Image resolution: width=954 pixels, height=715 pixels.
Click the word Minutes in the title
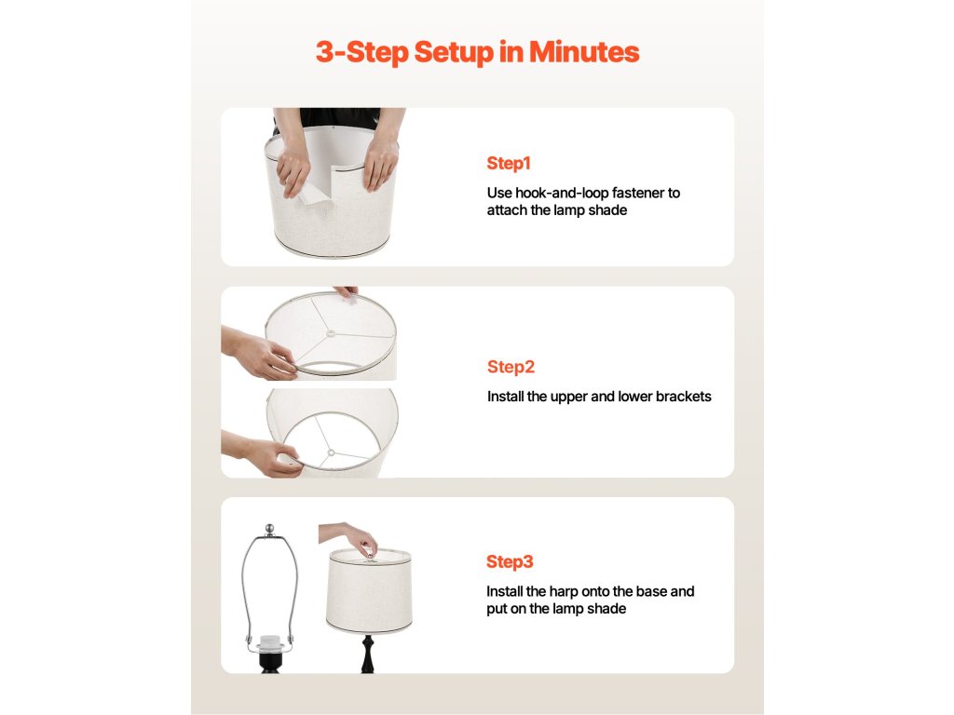pyautogui.click(x=584, y=52)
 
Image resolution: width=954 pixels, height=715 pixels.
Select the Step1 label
pyautogui.click(x=509, y=164)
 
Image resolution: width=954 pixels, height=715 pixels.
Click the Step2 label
pyautogui.click(x=511, y=367)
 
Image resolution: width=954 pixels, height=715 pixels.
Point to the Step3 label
pyautogui.click(x=510, y=561)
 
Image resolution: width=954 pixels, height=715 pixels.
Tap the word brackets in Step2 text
pyautogui.click(x=681, y=397)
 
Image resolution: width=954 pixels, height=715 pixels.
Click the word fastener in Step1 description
pyautogui.click(x=638, y=193)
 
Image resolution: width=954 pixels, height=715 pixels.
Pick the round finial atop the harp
pyautogui.click(x=269, y=529)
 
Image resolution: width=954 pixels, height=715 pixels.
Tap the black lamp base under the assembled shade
pyautogui.click(x=367, y=654)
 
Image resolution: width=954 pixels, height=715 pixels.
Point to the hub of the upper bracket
pyautogui.click(x=331, y=333)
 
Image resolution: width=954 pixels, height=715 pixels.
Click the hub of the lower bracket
pyautogui.click(x=331, y=453)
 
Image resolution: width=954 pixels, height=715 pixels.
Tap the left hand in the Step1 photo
pyautogui.click(x=293, y=164)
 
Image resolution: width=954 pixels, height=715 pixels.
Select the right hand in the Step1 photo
pyautogui.click(x=380, y=162)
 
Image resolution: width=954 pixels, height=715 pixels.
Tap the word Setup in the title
pyautogui.click(x=455, y=53)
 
